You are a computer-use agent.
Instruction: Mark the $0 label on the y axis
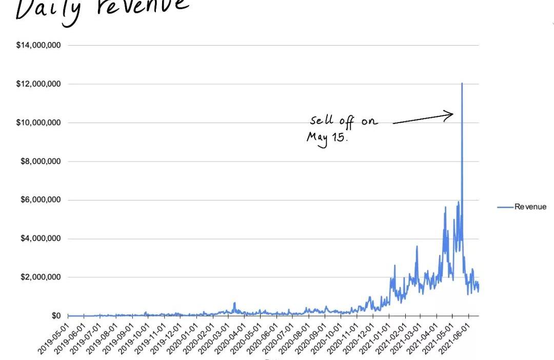coord(56,316)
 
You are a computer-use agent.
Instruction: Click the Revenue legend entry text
coord(530,207)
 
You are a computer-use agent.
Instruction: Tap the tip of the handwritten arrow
coord(453,114)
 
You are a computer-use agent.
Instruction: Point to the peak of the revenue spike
coord(462,83)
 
